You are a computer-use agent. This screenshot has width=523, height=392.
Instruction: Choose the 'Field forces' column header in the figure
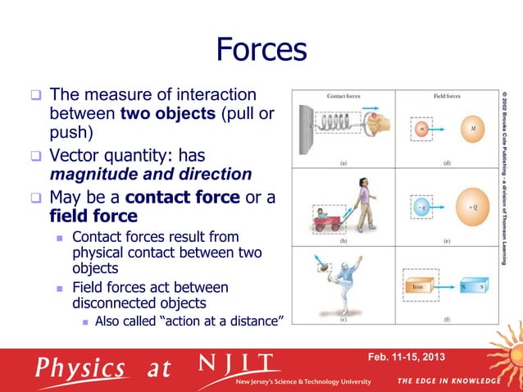pos(447,96)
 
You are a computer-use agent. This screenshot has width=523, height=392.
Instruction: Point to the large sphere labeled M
pos(469,129)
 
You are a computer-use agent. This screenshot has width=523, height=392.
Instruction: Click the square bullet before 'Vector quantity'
pos(36,155)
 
